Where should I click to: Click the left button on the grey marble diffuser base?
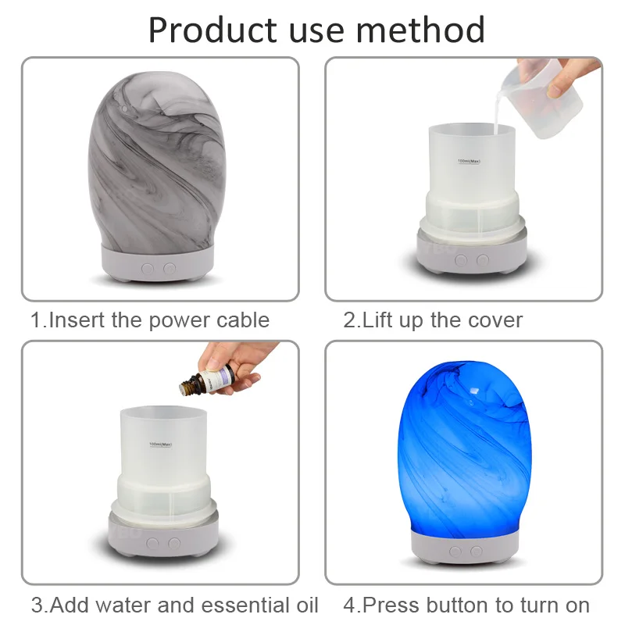pos(148,268)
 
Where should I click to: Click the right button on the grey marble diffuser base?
pos(169,268)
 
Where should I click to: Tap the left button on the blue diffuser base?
pos(454,552)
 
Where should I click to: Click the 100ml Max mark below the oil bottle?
pos(160,445)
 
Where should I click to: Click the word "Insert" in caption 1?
pos(73,320)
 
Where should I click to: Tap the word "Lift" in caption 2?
pos(380,320)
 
